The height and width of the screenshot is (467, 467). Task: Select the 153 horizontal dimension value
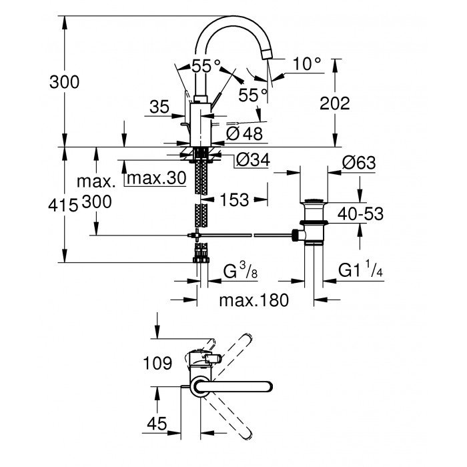(234, 199)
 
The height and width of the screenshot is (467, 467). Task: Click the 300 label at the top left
(64, 82)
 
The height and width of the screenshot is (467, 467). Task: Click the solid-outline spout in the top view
(233, 387)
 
